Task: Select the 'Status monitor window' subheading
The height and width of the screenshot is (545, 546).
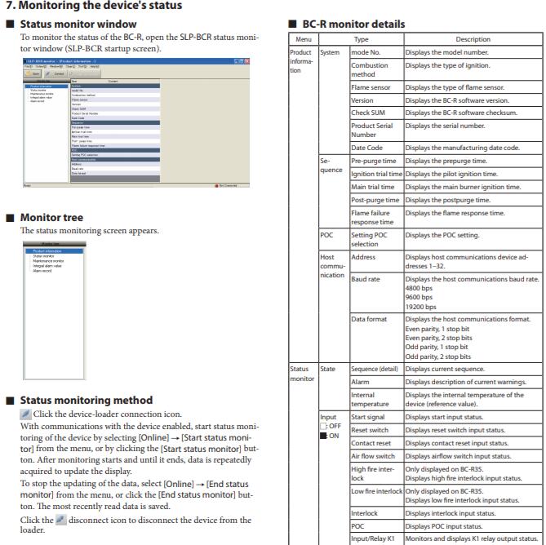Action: (67, 24)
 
